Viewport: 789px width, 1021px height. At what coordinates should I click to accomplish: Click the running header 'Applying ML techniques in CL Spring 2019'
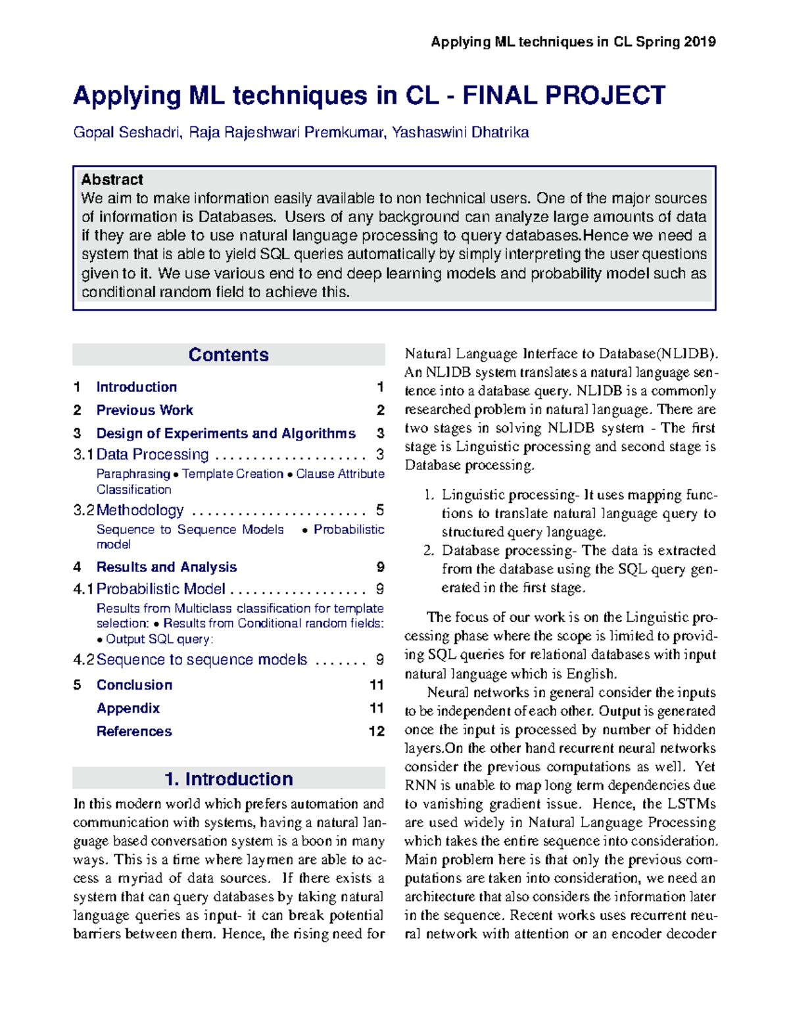(573, 42)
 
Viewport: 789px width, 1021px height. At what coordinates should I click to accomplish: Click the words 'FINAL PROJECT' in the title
(563, 96)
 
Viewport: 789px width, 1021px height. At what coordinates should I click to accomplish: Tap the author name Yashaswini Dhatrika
(460, 133)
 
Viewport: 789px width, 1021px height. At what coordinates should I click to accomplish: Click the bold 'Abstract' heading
(112, 179)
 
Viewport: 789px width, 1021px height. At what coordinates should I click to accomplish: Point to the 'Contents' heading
(228, 355)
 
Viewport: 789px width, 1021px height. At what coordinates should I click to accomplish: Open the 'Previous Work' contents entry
(145, 410)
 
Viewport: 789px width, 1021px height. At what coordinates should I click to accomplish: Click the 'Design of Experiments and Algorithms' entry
(226, 433)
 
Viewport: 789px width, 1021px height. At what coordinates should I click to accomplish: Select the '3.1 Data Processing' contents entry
(153, 454)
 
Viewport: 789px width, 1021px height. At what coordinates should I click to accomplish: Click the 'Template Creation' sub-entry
(233, 474)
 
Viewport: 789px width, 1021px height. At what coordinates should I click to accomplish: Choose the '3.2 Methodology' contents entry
(140, 510)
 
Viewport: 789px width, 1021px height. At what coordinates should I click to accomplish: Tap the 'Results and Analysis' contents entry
(166, 567)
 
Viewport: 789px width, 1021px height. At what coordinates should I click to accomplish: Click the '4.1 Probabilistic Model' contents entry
(161, 589)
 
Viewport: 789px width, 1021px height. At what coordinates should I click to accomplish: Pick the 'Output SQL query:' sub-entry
(159, 639)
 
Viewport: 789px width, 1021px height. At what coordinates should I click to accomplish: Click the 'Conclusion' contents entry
(134, 685)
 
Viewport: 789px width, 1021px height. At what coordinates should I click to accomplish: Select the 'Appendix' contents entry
(128, 708)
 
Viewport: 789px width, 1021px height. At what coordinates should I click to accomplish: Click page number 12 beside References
(376, 731)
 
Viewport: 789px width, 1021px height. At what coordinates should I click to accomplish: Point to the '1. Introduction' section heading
(228, 779)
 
